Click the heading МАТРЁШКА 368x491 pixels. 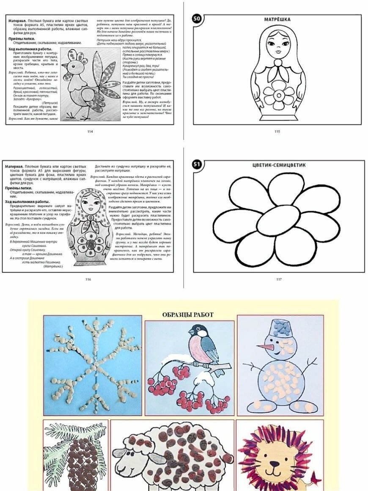coord(277,19)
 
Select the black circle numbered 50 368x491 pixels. coord(197,19)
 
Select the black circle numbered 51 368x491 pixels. coord(197,164)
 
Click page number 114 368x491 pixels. coord(90,132)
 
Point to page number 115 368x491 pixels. coord(277,132)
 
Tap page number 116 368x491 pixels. coord(88,279)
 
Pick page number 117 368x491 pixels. coord(279,279)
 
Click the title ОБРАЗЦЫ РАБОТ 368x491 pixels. coord(188,314)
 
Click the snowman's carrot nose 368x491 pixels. coord(264,348)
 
